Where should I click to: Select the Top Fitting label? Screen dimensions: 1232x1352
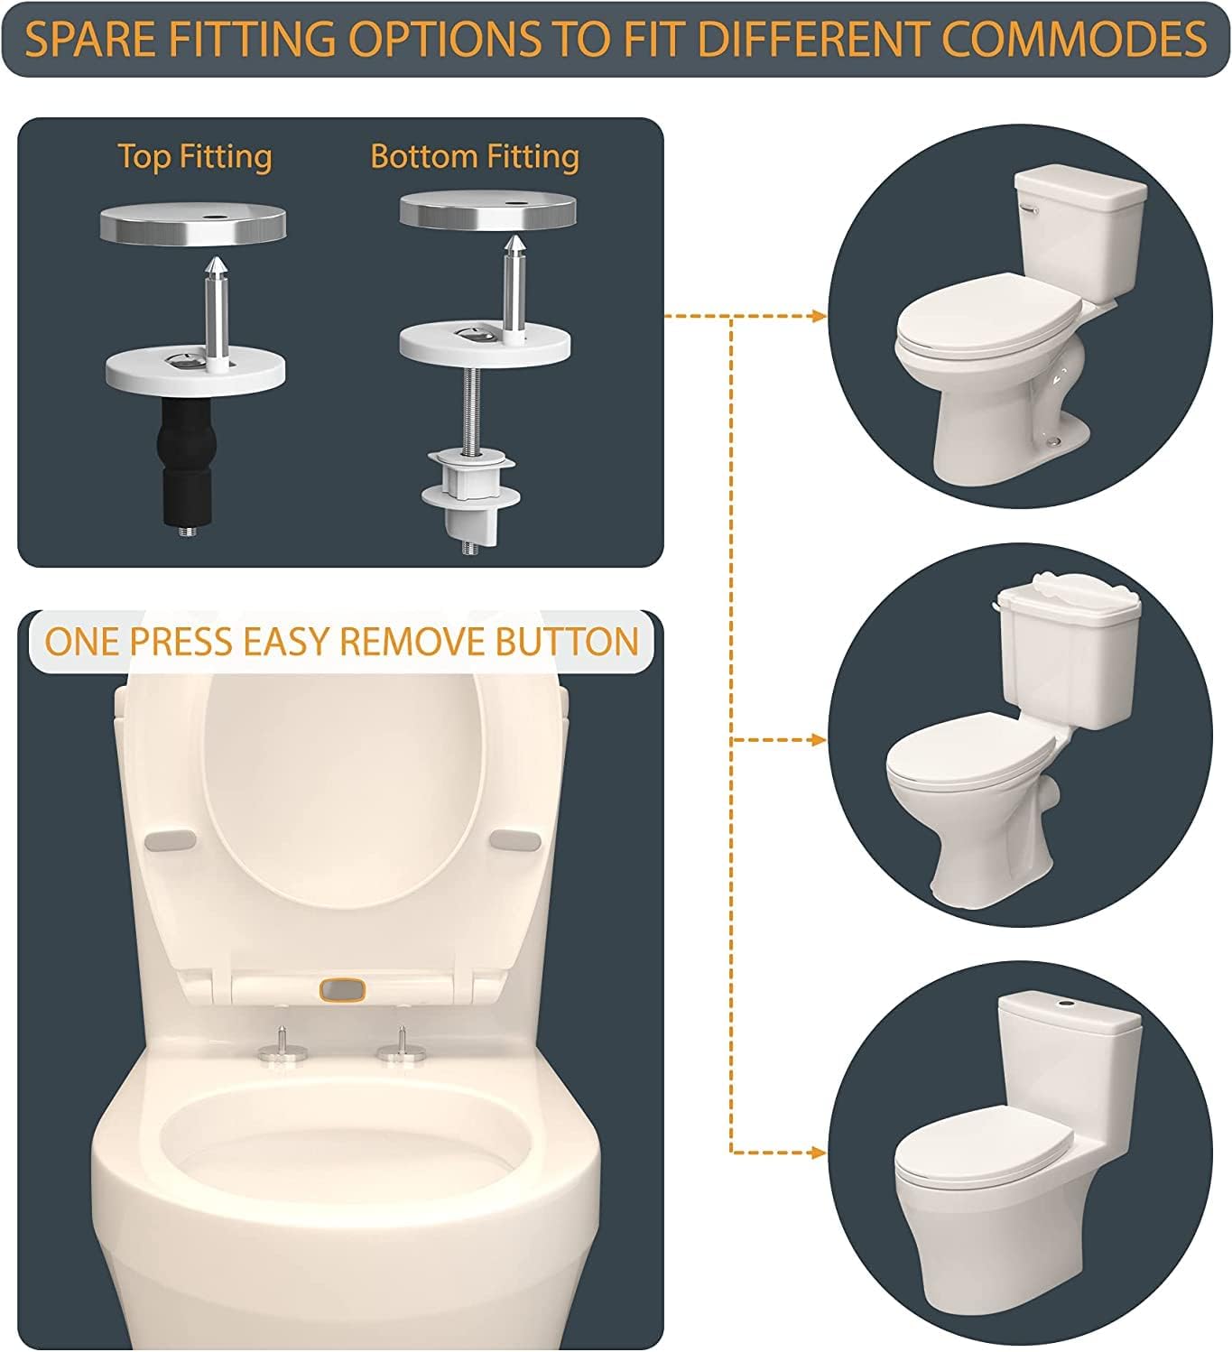pos(195,157)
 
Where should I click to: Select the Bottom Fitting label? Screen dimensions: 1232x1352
pos(475,157)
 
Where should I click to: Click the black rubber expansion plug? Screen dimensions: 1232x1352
pos(184,459)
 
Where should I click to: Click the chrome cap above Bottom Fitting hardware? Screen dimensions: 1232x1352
pos(487,209)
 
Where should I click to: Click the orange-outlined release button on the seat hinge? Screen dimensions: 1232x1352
pos(343,990)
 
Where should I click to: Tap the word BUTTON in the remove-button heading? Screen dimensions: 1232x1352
pos(567,641)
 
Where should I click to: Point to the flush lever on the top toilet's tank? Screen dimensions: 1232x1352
pos(1028,209)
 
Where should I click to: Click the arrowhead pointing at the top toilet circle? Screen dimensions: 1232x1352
pos(818,315)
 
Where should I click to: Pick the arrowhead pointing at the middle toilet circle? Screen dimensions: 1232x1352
pos(818,740)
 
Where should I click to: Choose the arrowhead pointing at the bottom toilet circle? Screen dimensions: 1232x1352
pos(818,1153)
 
